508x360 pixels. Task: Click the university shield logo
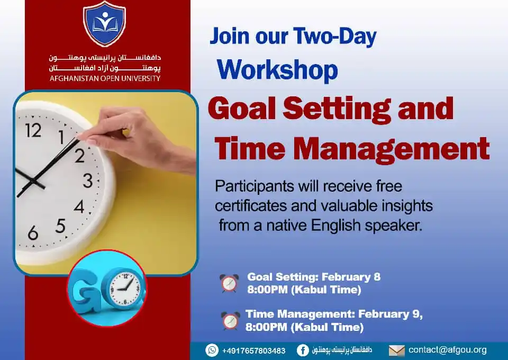104,24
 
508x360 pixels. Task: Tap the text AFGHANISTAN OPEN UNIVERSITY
104,78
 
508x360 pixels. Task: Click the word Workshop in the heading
277,70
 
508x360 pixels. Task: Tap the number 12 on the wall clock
33,130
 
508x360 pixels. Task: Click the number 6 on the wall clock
33,232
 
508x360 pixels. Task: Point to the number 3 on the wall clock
87,181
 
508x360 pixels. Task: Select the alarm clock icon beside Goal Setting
230,283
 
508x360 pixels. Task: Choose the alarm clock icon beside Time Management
230,321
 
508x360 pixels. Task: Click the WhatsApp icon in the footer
212,350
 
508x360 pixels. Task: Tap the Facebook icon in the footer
303,350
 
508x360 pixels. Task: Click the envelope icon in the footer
396,350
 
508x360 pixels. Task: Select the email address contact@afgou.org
447,350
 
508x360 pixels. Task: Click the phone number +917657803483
253,350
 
